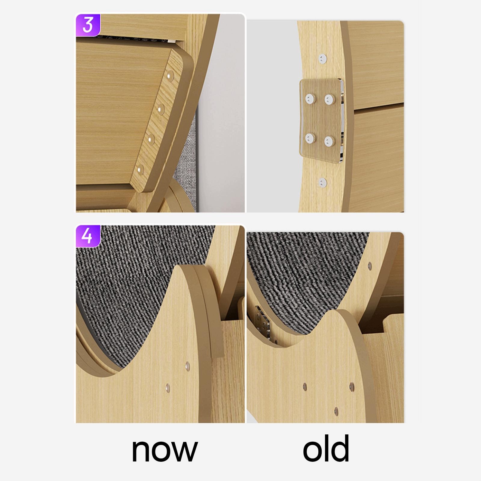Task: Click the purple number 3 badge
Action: click(x=87, y=25)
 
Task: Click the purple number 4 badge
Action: click(x=87, y=236)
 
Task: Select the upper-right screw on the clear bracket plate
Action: click(x=330, y=98)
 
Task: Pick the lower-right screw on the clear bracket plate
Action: click(x=330, y=140)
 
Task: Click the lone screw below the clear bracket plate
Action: click(x=323, y=182)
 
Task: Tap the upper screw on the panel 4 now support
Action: click(x=187, y=366)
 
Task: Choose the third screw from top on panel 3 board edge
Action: click(x=151, y=139)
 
